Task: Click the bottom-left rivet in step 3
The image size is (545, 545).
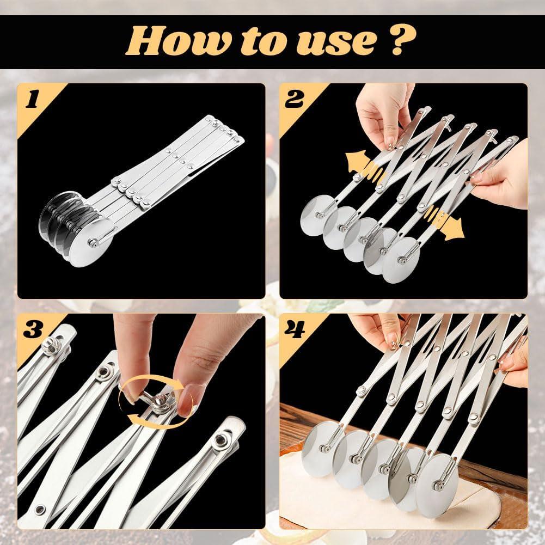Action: pyautogui.click(x=40, y=510)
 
